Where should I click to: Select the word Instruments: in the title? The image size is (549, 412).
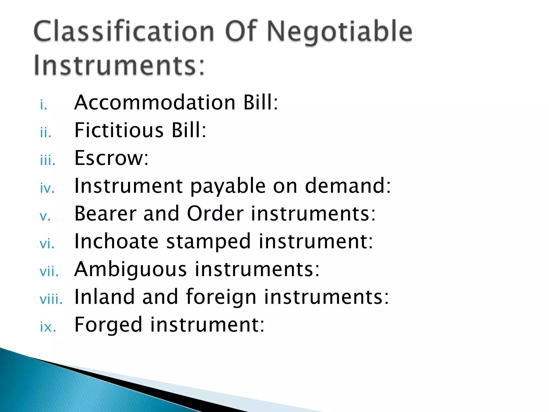point(119,65)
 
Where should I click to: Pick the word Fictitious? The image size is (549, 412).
point(119,130)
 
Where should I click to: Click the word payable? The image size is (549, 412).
point(228,186)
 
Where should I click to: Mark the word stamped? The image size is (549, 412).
point(209,242)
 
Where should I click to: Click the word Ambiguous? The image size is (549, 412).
point(131,269)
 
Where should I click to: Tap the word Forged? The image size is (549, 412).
point(108,325)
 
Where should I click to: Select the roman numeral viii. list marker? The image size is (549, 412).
point(51,299)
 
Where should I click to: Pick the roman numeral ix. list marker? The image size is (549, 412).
point(48,327)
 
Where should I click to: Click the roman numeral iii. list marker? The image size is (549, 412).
point(48,160)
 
